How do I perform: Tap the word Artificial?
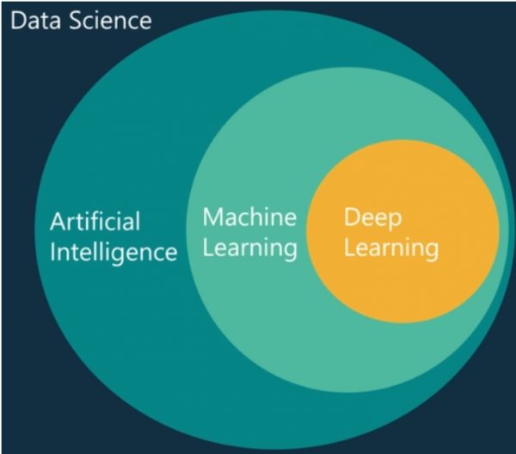click(x=95, y=222)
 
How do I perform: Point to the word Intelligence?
click(x=113, y=253)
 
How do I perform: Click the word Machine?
click(x=249, y=217)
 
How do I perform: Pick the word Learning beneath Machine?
click(x=249, y=248)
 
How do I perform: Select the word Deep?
click(x=372, y=218)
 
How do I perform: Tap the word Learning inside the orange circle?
click(x=391, y=249)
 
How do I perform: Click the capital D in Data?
click(x=15, y=19)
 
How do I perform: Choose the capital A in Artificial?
click(x=56, y=222)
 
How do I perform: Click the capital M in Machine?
click(x=212, y=217)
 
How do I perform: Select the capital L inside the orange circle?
click(x=349, y=248)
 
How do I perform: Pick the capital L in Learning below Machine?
click(x=207, y=248)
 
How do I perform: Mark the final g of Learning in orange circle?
click(x=430, y=253)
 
